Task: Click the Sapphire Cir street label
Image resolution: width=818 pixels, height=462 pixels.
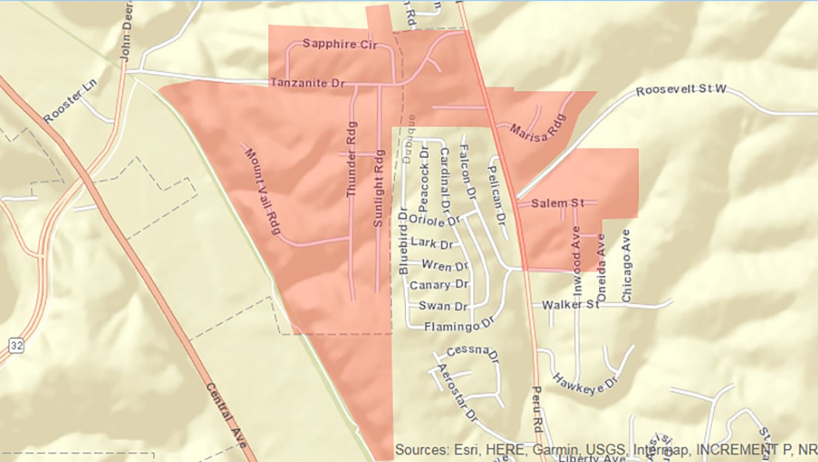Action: pos(340,44)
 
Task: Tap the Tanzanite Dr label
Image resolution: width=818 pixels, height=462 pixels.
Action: pos(308,83)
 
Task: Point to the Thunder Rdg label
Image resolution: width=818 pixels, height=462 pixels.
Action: pos(352,159)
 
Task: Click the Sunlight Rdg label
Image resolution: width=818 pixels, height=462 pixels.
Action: pos(378,188)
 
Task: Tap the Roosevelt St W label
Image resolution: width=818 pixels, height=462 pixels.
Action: pos(681,90)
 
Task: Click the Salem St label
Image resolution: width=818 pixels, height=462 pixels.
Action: pos(557,203)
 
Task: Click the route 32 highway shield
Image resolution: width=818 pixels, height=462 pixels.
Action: pos(16,345)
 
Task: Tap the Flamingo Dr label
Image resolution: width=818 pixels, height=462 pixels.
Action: pos(459,327)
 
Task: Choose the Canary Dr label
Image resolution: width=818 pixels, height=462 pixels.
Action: pos(439,285)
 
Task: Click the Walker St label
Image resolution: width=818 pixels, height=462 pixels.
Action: pos(570,305)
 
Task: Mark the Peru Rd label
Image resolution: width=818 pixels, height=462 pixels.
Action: pos(538,409)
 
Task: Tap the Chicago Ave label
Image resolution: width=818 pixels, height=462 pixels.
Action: pos(626,266)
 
